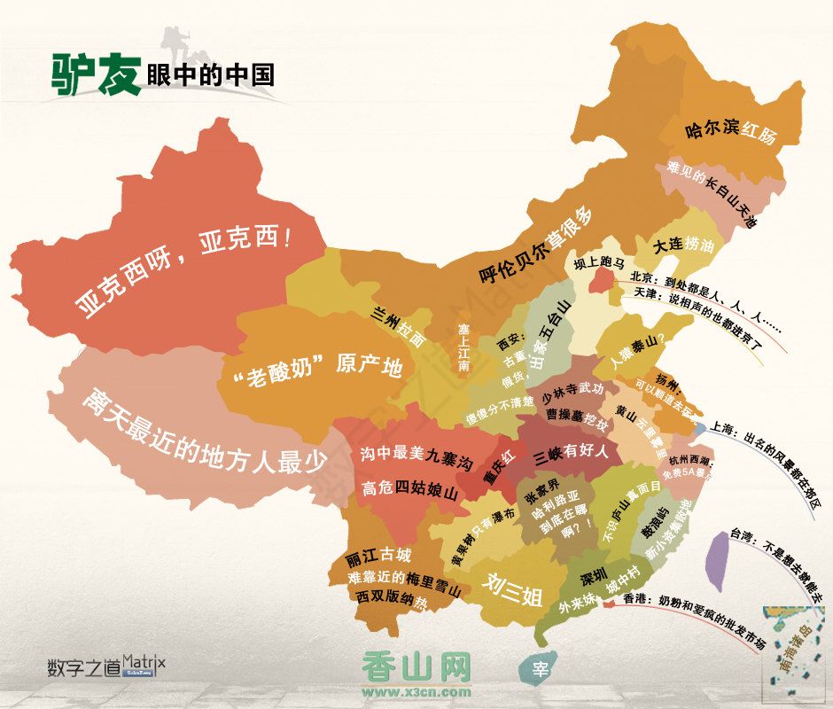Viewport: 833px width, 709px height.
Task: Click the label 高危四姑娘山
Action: pos(409,488)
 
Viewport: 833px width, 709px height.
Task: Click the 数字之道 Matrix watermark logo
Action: pos(106,666)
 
